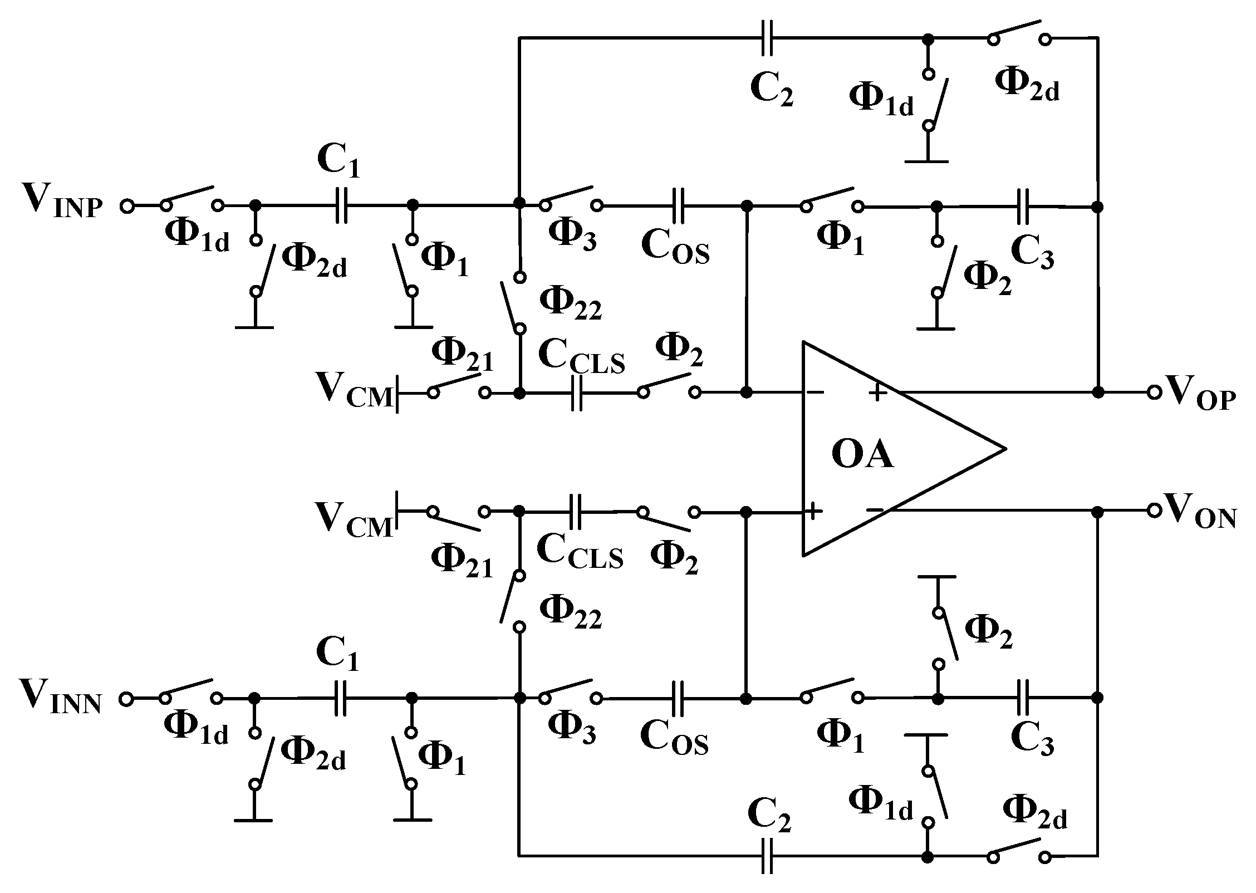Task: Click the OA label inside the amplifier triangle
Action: click(862, 455)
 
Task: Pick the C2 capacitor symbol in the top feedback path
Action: click(767, 39)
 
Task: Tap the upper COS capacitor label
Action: click(675, 247)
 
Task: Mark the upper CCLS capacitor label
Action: click(581, 357)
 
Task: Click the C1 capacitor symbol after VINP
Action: click(341, 205)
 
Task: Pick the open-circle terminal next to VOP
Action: click(1154, 392)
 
